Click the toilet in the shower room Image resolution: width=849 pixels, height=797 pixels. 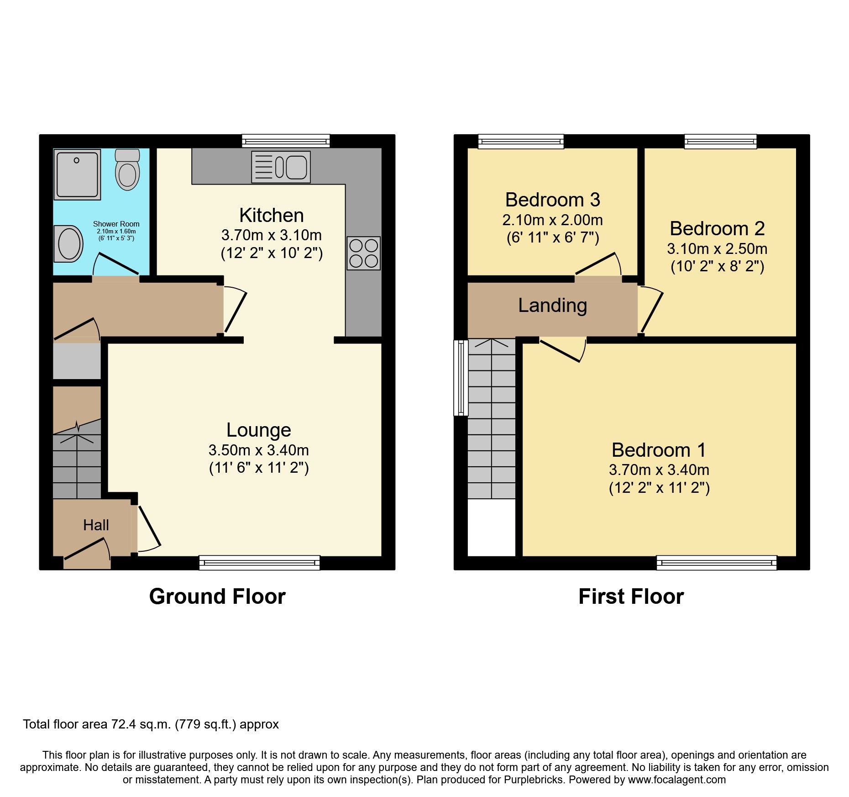(x=127, y=170)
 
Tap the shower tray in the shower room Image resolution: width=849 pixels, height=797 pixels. (x=77, y=174)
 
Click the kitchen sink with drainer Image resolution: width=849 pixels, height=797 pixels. (x=281, y=167)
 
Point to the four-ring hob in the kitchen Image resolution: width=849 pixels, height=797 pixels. (x=363, y=253)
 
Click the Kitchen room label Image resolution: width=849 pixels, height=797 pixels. (x=271, y=215)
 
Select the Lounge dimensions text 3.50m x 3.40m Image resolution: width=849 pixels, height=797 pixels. (x=258, y=450)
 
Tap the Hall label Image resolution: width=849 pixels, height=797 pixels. (x=96, y=525)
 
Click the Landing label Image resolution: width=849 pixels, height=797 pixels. (x=552, y=305)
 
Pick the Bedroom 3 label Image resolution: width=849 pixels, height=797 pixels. (x=552, y=200)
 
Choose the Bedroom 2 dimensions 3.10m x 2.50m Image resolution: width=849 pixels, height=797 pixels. (x=717, y=249)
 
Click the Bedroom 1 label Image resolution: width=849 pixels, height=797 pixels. (x=659, y=450)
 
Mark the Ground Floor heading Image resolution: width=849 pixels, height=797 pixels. (x=217, y=596)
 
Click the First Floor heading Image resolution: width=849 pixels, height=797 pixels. (x=631, y=596)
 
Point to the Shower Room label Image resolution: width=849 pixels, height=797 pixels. (x=116, y=224)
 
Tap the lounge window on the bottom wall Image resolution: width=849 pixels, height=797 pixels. (x=259, y=563)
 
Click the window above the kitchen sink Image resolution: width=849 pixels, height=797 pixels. (x=286, y=141)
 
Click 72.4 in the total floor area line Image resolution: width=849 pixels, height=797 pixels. (x=124, y=724)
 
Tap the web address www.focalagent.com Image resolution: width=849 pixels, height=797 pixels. (x=676, y=780)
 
